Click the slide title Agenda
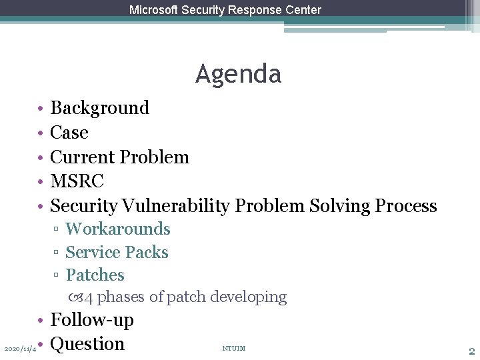point(238,74)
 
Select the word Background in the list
point(100,108)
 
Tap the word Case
point(69,133)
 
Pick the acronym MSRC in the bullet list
point(77,181)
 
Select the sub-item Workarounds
point(118,229)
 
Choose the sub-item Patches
point(95,275)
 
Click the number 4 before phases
point(89,297)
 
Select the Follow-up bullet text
point(92,320)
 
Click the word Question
point(87,344)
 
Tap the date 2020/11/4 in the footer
point(20,349)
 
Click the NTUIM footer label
point(233,348)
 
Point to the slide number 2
point(471,351)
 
